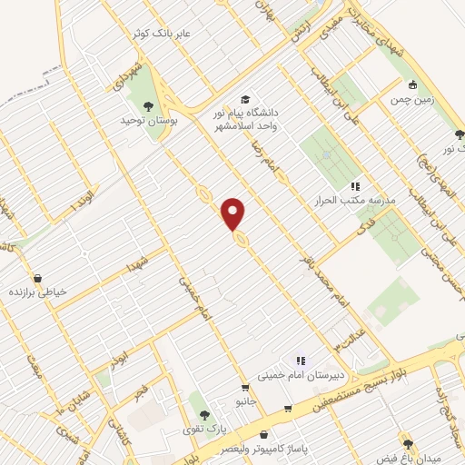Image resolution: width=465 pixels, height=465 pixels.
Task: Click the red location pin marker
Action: point(234,213)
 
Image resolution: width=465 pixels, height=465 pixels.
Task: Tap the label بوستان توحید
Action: point(149,119)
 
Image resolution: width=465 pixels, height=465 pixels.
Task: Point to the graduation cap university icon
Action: point(244,99)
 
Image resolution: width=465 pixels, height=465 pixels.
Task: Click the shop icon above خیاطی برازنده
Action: point(38,279)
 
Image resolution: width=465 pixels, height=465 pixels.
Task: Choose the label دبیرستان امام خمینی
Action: point(299,373)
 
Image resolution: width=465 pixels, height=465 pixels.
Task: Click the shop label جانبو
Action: point(242,400)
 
